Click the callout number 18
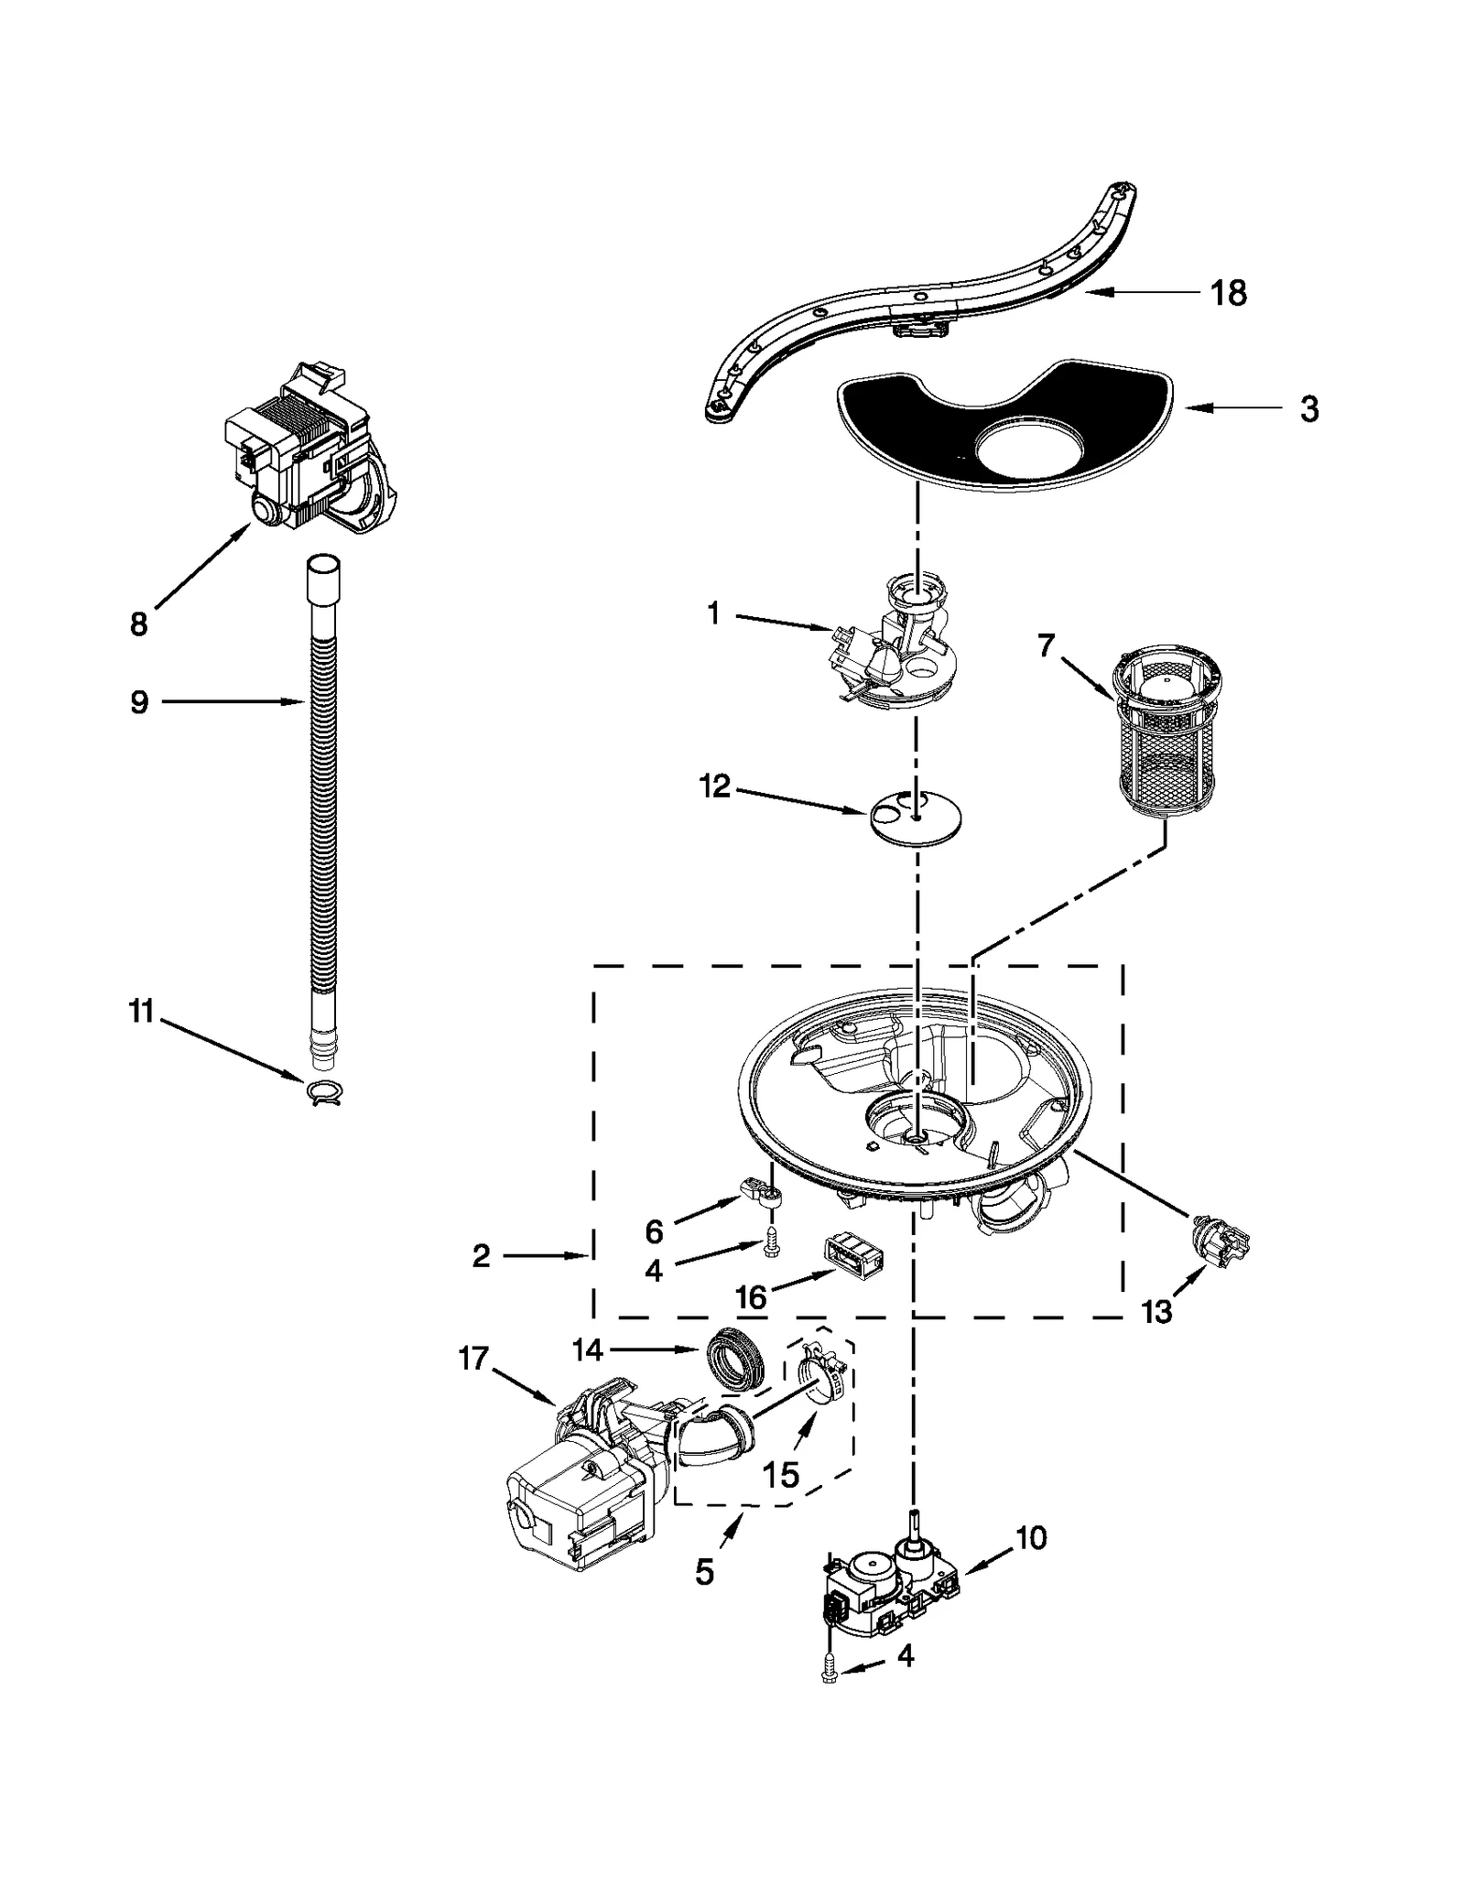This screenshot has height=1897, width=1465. point(1228,294)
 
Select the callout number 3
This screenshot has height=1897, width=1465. point(1309,409)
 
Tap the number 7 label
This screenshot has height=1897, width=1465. point(1047,645)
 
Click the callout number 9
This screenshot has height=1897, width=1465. point(139,703)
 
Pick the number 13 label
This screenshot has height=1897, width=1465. point(1156,1312)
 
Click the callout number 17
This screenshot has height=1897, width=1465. point(473,1359)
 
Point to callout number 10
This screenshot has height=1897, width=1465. point(1031,1537)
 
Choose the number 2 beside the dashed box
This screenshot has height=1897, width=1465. point(482,1257)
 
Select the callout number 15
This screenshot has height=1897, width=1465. point(781,1474)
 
